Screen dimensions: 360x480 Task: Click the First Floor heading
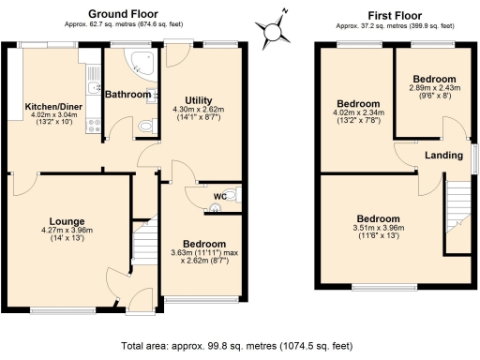click(395, 15)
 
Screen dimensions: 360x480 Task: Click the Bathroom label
click(127, 95)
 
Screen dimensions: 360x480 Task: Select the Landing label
click(443, 156)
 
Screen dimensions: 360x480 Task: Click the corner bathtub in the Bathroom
click(144, 62)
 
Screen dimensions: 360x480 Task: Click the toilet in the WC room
click(233, 194)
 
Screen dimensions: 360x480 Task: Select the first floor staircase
click(457, 207)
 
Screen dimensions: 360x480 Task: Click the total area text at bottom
click(240, 345)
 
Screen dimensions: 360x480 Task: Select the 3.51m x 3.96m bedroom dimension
click(379, 230)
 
